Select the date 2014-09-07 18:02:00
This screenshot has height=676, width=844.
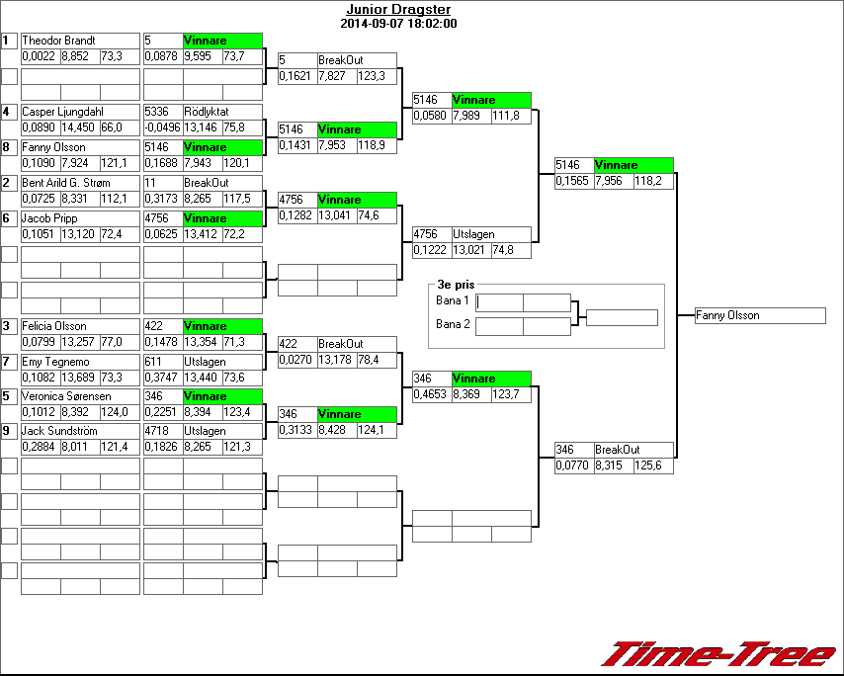click(397, 23)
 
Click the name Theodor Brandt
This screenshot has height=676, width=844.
click(58, 41)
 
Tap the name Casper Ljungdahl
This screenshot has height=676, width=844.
click(64, 112)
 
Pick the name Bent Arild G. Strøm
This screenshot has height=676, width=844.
click(66, 183)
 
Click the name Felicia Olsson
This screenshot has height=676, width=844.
click(54, 326)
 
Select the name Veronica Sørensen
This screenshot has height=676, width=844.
click(64, 396)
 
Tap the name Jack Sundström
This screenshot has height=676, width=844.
click(60, 431)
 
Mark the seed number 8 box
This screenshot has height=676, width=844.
click(9, 147)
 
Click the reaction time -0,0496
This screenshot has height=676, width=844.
click(162, 127)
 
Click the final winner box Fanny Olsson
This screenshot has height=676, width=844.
click(760, 316)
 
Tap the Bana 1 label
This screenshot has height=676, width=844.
click(453, 300)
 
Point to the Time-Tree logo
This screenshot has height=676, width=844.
click(720, 654)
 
